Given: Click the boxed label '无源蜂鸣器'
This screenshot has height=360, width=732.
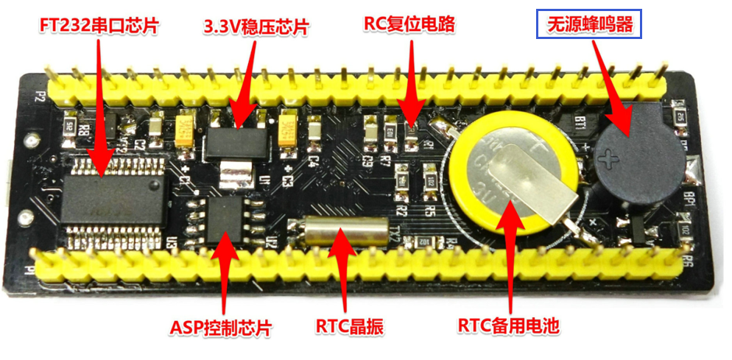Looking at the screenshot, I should coord(589,25).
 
